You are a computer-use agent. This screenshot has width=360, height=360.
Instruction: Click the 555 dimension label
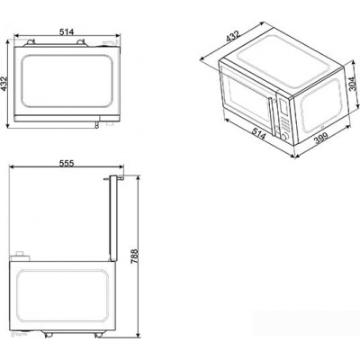click(67, 163)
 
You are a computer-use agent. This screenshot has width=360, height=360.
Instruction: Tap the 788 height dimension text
click(134, 256)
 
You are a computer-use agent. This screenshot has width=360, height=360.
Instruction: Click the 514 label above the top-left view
click(67, 32)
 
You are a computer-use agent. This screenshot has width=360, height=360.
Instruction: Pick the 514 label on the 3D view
click(258, 133)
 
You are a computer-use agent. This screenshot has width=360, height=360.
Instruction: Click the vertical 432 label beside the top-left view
click(4, 84)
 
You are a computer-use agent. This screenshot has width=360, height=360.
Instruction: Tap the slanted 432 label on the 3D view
click(233, 36)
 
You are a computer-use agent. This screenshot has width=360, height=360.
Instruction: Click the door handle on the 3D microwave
click(272, 116)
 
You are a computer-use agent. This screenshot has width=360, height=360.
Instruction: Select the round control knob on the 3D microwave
click(284, 138)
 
